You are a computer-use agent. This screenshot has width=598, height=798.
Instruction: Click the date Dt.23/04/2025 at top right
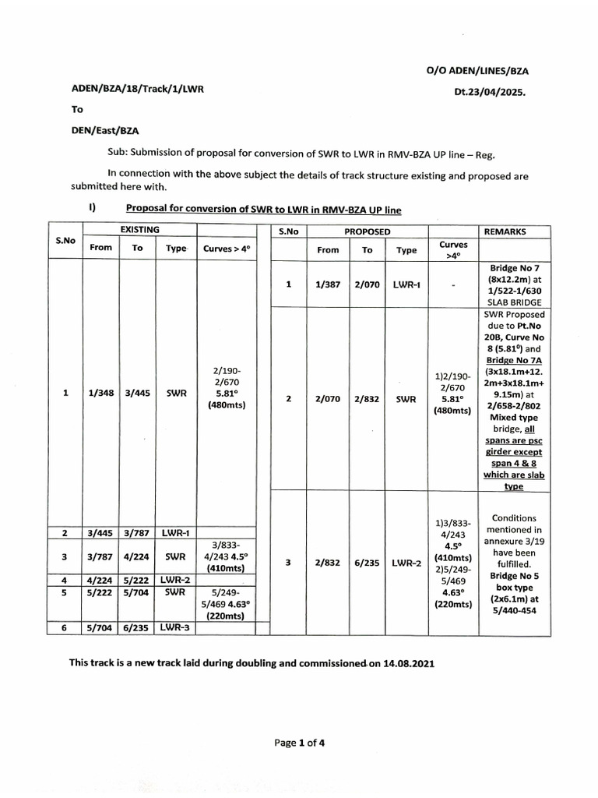[490, 91]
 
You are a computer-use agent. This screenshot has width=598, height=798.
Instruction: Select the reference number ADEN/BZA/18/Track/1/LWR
[137, 90]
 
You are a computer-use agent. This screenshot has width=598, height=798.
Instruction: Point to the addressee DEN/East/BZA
[105, 131]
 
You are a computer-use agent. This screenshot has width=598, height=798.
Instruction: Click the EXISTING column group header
[139, 230]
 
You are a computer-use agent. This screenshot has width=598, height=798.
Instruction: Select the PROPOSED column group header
[368, 232]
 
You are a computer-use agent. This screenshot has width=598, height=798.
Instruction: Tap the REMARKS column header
[505, 232]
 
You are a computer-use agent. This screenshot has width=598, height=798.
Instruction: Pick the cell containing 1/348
[102, 394]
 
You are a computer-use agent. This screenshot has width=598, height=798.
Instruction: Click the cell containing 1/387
[328, 285]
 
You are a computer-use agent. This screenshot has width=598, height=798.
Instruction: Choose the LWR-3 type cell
[175, 627]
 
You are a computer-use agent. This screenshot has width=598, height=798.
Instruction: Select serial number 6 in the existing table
[65, 627]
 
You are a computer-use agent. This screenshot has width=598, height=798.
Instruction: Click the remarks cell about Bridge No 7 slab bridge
[505, 285]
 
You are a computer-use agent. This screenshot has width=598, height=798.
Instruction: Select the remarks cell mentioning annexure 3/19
[505, 563]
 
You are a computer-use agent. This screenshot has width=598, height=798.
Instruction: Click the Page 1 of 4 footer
[299, 743]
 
